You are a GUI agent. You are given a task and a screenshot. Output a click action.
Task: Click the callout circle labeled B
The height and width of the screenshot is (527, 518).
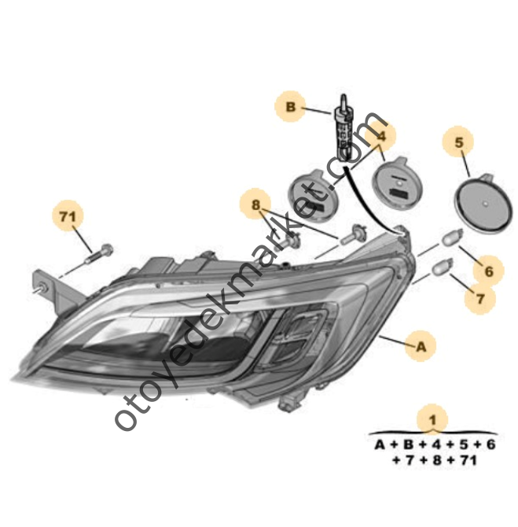pyautogui.click(x=290, y=106)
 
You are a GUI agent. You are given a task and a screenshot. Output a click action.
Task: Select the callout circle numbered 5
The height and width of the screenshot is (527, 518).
pyautogui.click(x=459, y=143)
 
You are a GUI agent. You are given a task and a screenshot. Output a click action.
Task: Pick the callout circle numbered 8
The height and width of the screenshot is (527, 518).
pyautogui.click(x=255, y=206)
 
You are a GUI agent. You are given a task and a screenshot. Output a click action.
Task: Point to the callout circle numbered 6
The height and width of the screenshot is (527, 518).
pyautogui.click(x=488, y=271)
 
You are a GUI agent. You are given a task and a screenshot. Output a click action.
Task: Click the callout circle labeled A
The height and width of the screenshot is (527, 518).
pyautogui.click(x=421, y=345)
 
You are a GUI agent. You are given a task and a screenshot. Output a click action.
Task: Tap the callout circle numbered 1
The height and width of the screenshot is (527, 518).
pyautogui.click(x=432, y=418)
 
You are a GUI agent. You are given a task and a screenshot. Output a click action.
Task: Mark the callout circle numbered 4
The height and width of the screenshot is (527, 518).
pyautogui.click(x=381, y=135)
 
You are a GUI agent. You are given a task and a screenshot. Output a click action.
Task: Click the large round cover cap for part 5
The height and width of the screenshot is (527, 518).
pyautogui.click(x=485, y=205)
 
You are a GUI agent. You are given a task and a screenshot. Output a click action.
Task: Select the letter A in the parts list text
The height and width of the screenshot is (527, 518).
pyautogui.click(x=379, y=444)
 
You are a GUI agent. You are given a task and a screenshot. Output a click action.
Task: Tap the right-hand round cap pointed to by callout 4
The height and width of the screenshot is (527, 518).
pyautogui.click(x=399, y=184)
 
